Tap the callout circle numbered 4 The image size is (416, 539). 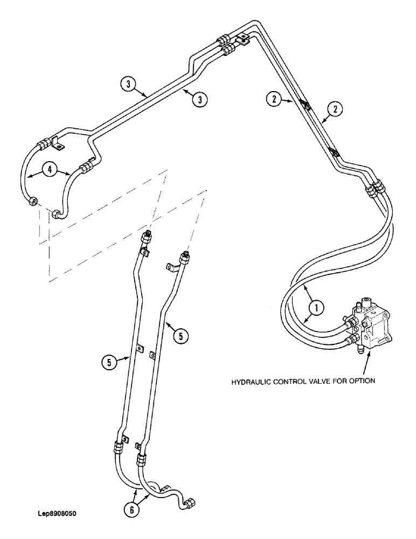click(50, 170)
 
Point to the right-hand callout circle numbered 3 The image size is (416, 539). click(200, 99)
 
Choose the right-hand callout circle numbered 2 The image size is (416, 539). click(335, 109)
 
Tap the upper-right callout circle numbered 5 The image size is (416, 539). click(181, 335)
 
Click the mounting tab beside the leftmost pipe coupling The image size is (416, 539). click(56, 145)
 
